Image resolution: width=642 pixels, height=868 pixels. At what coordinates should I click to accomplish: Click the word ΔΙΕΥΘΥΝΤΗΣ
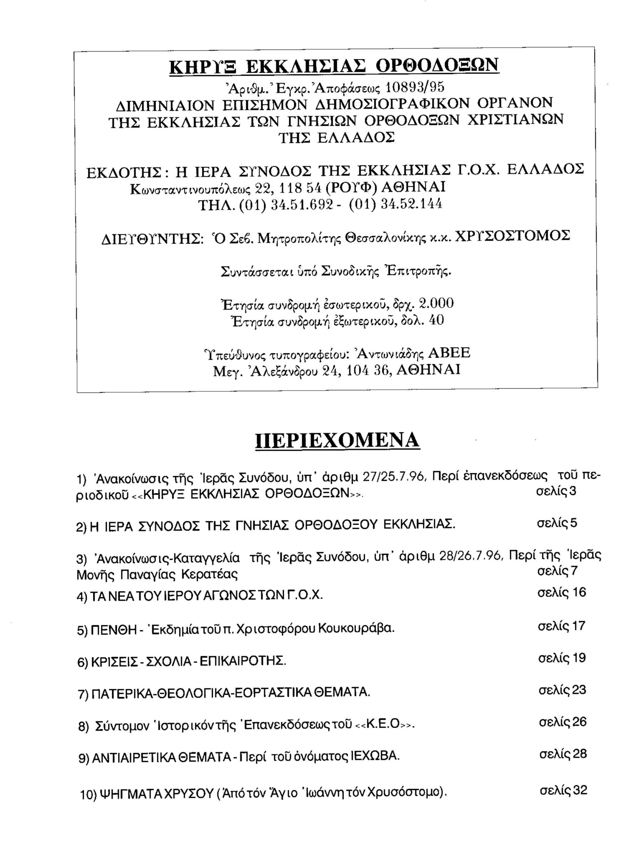tap(152, 239)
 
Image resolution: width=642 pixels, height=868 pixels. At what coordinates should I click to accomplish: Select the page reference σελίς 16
tap(562, 592)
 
